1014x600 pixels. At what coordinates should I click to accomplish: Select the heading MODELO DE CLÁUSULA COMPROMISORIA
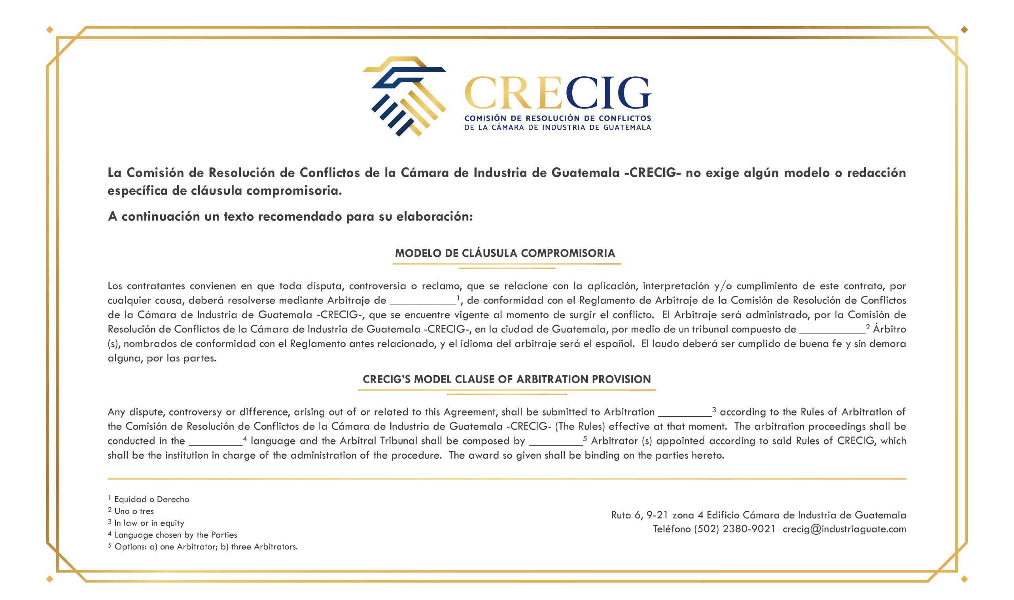[505, 254]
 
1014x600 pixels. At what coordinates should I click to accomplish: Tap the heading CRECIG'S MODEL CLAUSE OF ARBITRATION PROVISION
[507, 379]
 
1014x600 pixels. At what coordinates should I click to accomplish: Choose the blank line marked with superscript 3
[684, 414]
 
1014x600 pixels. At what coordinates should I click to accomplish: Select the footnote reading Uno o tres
[134, 511]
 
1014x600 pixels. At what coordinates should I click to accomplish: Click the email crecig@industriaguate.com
[844, 529]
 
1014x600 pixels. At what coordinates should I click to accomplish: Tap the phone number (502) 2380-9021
[734, 529]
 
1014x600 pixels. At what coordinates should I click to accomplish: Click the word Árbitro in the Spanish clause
[889, 329]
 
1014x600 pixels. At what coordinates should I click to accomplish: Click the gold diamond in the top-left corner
[50, 29]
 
